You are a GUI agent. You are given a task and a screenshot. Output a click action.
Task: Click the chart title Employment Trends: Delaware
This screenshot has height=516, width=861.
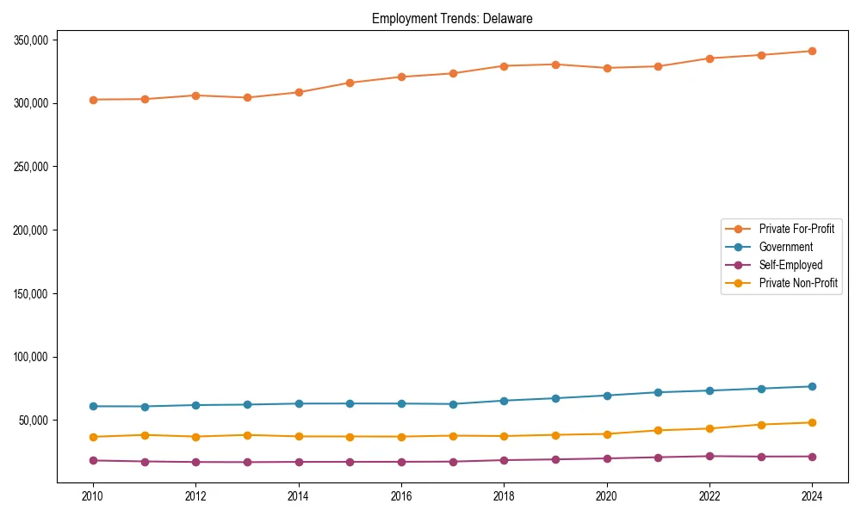[x=452, y=18]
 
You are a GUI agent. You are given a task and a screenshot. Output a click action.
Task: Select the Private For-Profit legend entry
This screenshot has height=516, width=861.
[x=796, y=229]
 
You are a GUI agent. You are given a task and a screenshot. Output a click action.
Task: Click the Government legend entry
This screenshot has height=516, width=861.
[x=785, y=247]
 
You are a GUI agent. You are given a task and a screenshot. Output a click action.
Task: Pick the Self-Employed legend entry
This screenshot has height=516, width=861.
[x=790, y=265]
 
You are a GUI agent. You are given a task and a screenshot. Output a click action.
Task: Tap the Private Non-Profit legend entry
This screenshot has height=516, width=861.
[x=798, y=283]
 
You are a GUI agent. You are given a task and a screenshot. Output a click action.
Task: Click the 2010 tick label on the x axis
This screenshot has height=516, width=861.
[x=93, y=496]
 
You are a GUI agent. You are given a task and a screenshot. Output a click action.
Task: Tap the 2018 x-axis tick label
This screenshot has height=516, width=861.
[x=504, y=496]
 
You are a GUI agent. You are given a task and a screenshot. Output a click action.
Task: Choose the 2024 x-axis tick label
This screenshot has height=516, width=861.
[x=812, y=496]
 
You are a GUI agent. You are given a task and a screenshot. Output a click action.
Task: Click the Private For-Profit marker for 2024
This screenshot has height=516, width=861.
[x=812, y=51]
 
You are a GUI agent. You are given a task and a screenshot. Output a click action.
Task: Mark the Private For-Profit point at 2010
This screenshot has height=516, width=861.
[x=93, y=100]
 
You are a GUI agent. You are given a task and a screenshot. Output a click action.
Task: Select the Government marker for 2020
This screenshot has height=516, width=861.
[x=606, y=396]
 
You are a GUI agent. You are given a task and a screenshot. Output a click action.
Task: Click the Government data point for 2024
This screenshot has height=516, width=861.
[x=812, y=386]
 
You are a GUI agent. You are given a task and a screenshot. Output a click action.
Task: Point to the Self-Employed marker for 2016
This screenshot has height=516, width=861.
[x=401, y=462]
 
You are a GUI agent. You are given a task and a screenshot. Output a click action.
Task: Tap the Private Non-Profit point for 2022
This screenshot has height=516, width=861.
[x=709, y=428]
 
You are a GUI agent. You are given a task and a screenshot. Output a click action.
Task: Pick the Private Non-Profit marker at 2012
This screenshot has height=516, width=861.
[x=195, y=437]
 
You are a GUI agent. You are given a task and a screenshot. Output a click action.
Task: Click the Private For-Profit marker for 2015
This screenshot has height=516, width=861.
[x=350, y=83]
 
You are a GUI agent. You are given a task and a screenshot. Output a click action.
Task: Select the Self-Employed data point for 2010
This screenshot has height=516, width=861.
[x=93, y=460]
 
